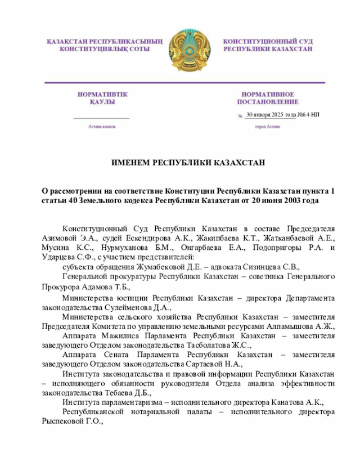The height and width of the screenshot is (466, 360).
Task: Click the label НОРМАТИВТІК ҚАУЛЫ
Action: point(102,98)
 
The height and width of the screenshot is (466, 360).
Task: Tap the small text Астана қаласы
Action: point(102,127)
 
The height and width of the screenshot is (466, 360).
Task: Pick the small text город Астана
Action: point(267,127)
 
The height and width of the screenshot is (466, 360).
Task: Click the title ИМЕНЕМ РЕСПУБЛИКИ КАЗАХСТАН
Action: point(187,163)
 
